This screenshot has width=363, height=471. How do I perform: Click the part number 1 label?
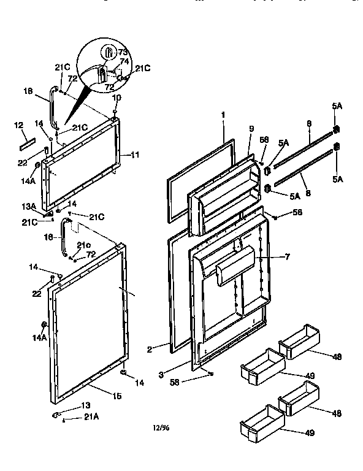[x=224, y=114]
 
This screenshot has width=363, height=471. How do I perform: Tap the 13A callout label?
[x=29, y=207]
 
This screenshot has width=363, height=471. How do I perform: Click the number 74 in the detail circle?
[x=124, y=62]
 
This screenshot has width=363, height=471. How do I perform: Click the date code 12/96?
[x=162, y=428]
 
